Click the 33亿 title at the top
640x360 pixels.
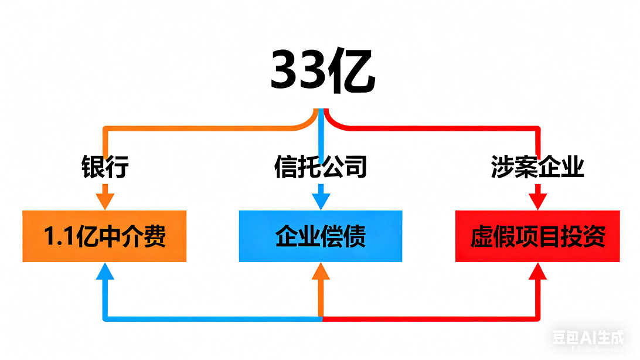322,71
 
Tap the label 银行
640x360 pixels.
104,167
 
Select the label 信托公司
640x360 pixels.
321,167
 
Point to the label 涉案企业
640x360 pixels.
537,167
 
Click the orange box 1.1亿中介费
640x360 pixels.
104,236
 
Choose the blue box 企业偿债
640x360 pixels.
321,236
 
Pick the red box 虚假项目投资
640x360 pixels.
537,236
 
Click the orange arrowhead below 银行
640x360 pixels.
104,199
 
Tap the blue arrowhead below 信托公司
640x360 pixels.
321,199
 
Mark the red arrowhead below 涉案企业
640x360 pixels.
537,199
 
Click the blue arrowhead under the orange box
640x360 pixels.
104,271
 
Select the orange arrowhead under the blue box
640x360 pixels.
321,271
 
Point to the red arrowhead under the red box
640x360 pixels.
537,271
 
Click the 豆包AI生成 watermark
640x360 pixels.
588,337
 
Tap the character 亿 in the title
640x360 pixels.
351,71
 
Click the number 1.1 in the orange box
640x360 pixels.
59,236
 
